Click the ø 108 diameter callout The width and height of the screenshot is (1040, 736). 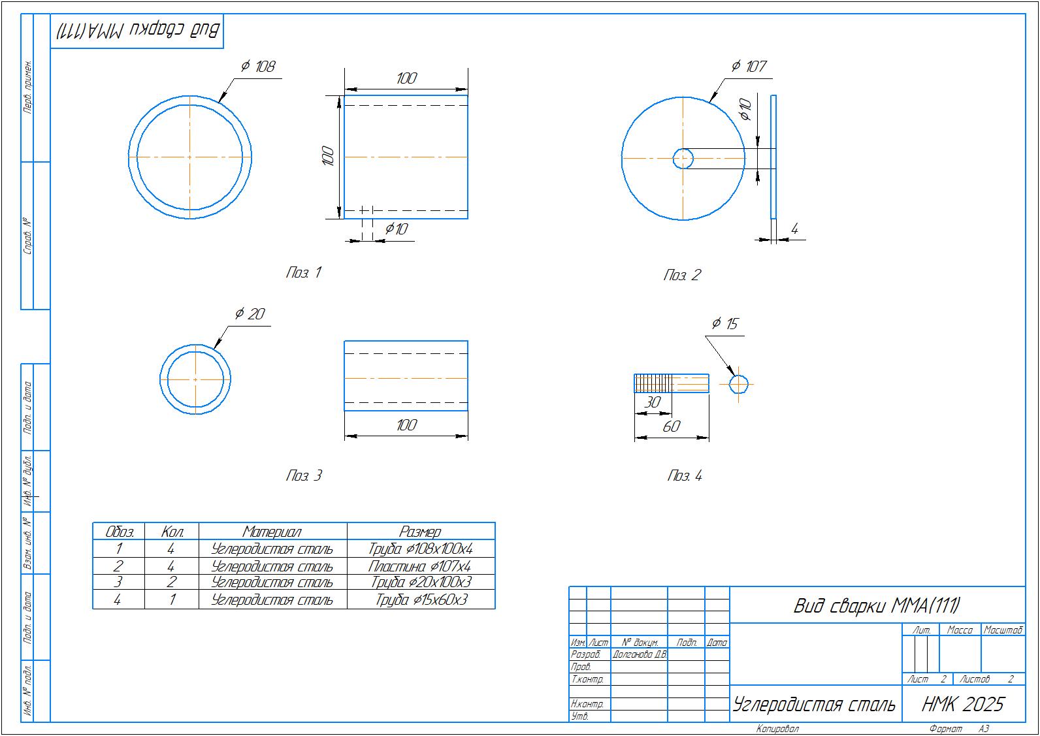pos(259,67)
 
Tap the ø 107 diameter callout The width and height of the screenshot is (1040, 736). pos(749,67)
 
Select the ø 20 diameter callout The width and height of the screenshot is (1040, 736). pos(250,315)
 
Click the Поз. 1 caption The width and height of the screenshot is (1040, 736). pos(304,273)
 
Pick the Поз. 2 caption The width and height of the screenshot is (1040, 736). pos(681,276)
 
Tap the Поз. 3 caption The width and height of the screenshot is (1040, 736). pos(304,476)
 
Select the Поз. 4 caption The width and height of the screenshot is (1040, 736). pos(685,476)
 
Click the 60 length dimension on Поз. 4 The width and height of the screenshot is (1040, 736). pos(672,427)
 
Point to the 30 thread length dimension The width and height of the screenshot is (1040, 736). pos(653,403)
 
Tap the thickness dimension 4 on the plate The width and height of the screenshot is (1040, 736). pos(794,229)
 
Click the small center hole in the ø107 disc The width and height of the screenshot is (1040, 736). pos(683,158)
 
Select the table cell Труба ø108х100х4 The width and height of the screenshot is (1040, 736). pos(421,549)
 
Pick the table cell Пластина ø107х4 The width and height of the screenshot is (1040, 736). pos(420,566)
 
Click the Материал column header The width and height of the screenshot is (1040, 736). pos(272,532)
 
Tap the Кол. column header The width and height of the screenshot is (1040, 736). pos(171,532)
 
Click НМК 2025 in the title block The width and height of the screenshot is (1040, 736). pos(963,705)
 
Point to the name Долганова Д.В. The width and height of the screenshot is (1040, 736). pos(639,654)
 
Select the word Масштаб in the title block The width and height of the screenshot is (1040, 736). pos(1003,630)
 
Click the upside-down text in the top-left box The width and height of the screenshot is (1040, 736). pos(137,31)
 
